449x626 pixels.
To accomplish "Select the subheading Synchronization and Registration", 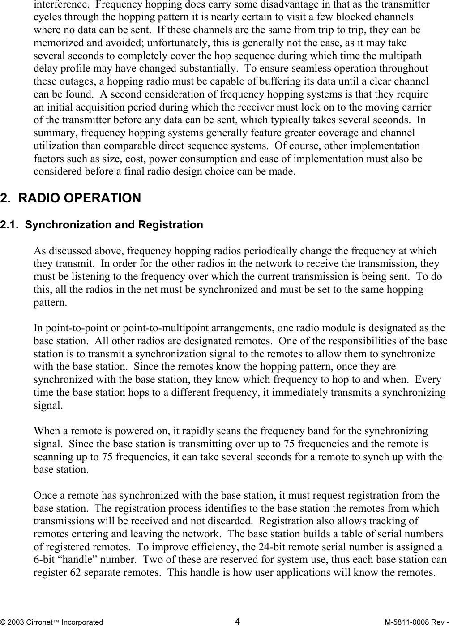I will pyautogui.click(x=114, y=225).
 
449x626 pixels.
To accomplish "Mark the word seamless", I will pyautogui.click(x=305, y=69).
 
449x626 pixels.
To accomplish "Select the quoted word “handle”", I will pyautogui.click(x=62, y=560).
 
